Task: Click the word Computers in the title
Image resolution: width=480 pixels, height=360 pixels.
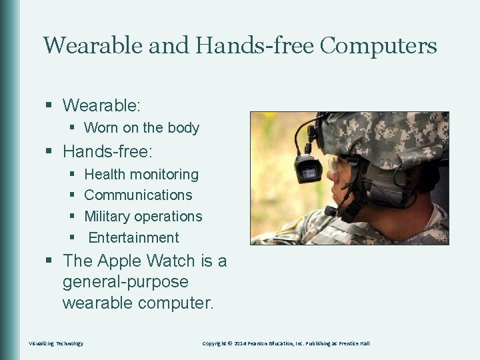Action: tap(378, 46)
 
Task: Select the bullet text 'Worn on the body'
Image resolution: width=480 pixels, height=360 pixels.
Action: tap(141, 127)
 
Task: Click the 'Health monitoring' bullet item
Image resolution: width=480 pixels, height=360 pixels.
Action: tap(141, 174)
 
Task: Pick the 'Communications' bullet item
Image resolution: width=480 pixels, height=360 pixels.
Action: tap(138, 195)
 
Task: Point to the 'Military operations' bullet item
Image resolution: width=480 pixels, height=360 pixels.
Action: tap(143, 217)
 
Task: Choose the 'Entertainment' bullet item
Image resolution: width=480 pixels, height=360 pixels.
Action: tap(133, 238)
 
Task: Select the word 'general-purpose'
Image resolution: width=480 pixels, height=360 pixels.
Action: tap(125, 282)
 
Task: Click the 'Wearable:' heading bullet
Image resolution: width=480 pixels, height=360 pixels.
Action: tap(101, 105)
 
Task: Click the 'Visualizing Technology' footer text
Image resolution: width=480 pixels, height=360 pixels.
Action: tap(56, 343)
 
